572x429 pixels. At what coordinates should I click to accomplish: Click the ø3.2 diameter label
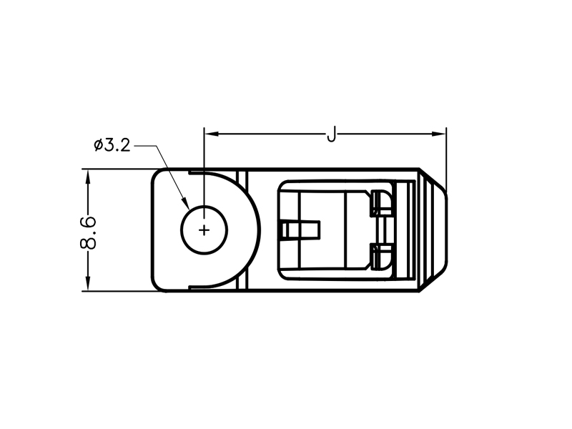(112, 145)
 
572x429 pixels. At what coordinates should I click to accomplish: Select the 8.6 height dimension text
(88, 233)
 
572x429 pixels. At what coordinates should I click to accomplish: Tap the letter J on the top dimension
(331, 134)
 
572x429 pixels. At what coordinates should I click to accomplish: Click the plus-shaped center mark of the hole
(204, 230)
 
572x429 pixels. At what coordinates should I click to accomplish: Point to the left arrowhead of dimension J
(212, 134)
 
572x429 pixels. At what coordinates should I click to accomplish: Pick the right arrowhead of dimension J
(439, 134)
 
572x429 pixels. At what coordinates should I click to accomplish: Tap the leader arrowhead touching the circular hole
(185, 203)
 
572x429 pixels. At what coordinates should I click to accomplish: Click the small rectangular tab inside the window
(300, 230)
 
